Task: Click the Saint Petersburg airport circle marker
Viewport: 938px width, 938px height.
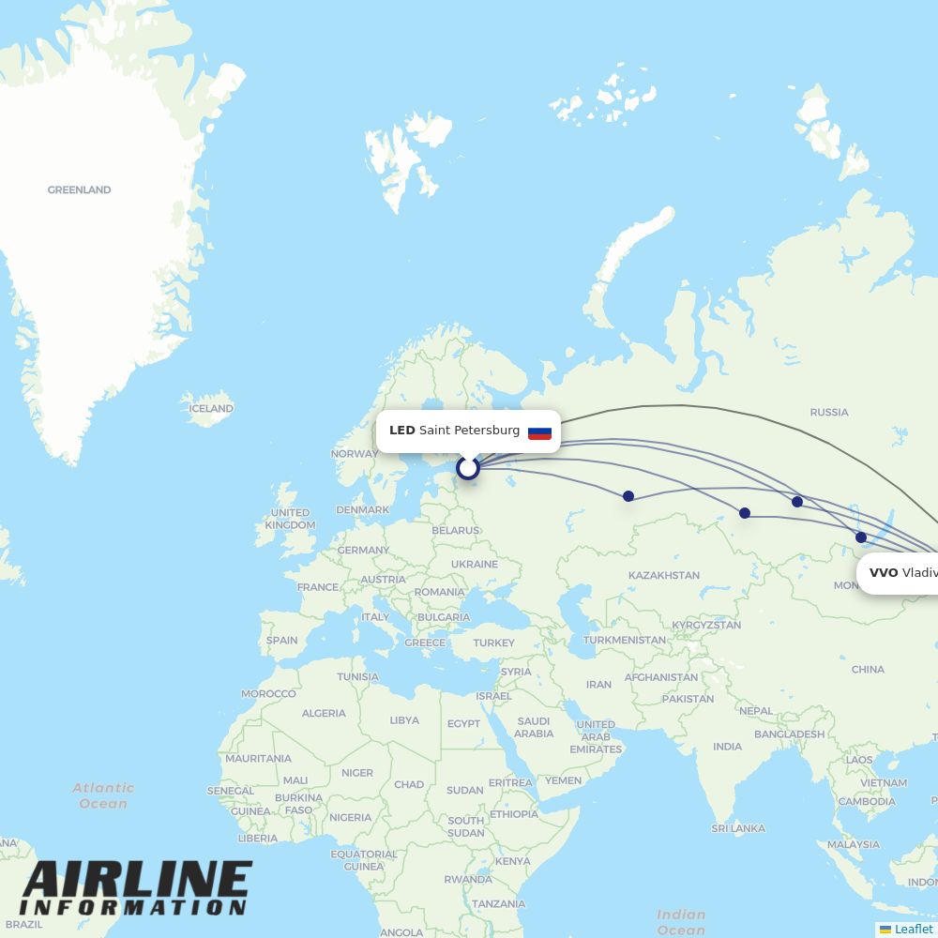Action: [467, 467]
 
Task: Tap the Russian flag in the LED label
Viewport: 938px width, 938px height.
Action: [539, 431]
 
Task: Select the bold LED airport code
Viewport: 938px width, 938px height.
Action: [401, 431]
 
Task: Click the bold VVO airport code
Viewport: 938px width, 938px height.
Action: [883, 572]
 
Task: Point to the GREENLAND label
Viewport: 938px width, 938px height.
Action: [79, 189]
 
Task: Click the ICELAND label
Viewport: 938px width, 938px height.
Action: [211, 408]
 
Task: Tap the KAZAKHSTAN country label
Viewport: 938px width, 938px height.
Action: [663, 575]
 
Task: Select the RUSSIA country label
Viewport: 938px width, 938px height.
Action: [828, 412]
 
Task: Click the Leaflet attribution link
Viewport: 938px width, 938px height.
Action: [913, 929]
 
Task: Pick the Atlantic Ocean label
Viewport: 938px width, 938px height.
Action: [103, 795]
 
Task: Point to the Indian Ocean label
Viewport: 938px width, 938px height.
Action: [681, 922]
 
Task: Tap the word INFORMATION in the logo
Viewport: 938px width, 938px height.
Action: [132, 908]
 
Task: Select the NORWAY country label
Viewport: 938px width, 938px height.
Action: [355, 454]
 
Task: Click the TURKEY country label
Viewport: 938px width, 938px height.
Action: [493, 643]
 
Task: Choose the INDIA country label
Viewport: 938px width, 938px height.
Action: [727, 747]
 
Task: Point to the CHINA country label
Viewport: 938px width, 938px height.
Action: [868, 669]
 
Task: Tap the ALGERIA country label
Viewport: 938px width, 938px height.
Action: [324, 713]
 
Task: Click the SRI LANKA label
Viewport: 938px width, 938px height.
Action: [737, 828]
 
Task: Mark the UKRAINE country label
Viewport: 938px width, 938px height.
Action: [474, 564]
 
